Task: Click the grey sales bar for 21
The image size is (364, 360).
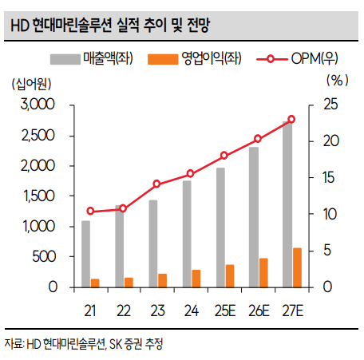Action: pos(85,254)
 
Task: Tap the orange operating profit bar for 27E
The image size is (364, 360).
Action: pos(297,267)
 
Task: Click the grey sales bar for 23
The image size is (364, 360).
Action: pos(152,243)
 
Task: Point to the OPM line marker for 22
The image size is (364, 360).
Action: pos(123,208)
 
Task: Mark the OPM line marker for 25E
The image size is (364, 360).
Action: pos(224,156)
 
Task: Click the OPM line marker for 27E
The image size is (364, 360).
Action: pos(291,119)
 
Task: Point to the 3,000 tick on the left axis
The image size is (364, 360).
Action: pos(37,105)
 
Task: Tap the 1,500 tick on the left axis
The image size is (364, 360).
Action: pos(37,196)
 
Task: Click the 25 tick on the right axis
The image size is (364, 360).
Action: pos(328,105)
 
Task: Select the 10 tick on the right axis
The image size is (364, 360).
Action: pos(328,214)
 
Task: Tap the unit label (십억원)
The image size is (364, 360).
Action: pos(30,83)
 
